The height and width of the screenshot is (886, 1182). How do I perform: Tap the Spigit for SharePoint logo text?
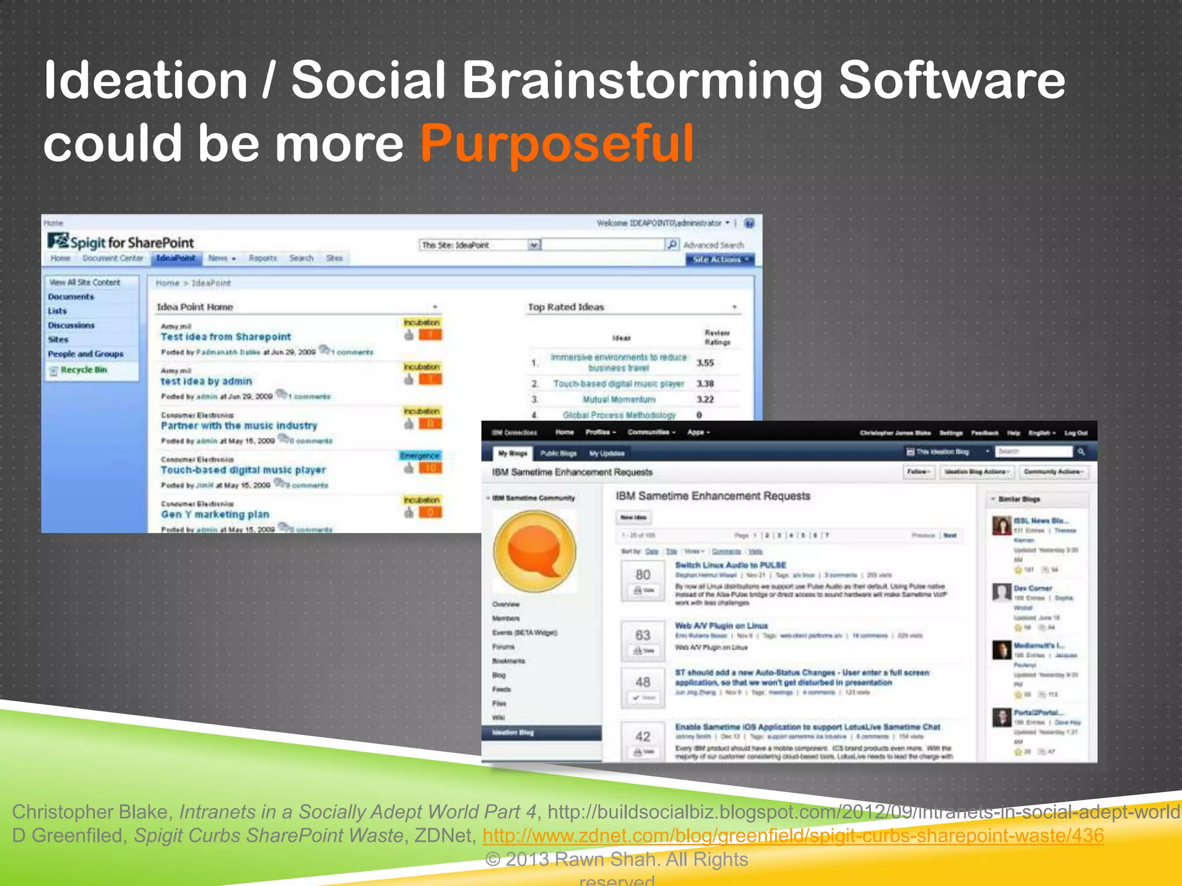(x=132, y=242)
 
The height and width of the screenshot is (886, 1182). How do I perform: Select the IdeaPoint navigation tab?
(x=176, y=258)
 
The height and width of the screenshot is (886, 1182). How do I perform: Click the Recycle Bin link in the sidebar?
(x=84, y=370)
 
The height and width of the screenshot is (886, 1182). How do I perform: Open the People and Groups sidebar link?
(x=85, y=354)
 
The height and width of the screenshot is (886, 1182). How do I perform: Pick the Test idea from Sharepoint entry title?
(x=226, y=337)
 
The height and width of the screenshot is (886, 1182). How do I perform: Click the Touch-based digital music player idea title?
(x=243, y=470)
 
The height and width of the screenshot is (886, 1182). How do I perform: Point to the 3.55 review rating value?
(x=705, y=363)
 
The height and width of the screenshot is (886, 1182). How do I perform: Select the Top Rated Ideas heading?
(x=566, y=307)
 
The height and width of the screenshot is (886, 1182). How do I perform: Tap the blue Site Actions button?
(x=719, y=260)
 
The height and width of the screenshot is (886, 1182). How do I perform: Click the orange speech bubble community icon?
(x=534, y=551)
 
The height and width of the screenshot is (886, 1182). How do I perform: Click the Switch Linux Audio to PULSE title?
(x=730, y=565)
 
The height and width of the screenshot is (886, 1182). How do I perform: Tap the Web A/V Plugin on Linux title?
(x=721, y=626)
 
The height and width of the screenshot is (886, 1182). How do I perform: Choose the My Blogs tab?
(x=513, y=453)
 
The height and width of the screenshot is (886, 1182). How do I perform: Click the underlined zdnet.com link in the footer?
(x=793, y=835)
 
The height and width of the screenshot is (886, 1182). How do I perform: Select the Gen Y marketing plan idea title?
(x=215, y=515)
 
